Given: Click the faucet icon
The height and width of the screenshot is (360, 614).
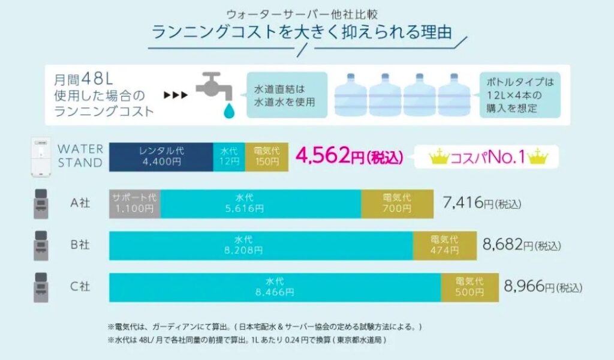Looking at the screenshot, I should point(215,88).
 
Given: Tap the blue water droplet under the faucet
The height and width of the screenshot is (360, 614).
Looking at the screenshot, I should point(228,110).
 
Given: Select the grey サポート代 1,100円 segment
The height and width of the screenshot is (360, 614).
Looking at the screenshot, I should point(135,203).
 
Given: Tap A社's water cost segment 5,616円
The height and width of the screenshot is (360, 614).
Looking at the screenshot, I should point(261,203).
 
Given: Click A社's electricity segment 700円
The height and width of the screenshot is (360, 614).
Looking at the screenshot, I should point(397,203).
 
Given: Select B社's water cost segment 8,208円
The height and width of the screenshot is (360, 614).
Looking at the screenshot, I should point(261,245).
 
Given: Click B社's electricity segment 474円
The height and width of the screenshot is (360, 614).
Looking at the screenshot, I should point(444,245).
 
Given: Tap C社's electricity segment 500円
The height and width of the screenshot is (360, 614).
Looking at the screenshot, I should point(469,287).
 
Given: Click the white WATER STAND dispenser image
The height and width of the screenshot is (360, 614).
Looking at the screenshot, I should point(42,158).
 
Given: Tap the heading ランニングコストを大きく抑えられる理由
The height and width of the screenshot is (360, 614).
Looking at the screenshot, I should point(302,32).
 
